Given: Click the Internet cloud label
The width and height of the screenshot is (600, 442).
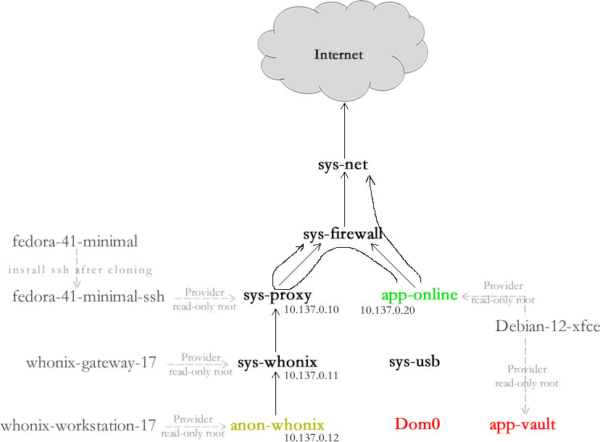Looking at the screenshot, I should point(338,54).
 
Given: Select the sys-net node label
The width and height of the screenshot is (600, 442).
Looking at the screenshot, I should point(343,164).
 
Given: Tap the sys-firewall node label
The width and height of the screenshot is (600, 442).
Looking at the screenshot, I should point(343,234).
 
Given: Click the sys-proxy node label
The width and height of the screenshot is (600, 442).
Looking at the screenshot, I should point(278,296).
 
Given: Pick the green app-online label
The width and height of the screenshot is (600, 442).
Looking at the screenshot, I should point(420,295).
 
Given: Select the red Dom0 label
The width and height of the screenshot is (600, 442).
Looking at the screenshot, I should point(418,424).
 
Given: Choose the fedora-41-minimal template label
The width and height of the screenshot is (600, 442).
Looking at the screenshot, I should point(75,241).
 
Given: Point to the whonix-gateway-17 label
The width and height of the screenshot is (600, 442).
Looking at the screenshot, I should point(91,362).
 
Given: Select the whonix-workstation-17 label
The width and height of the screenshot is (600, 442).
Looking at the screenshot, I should point(78,425).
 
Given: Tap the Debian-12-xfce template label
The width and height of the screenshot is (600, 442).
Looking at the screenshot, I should point(547,326).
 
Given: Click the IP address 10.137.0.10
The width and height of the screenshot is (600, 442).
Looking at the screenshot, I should point(312,310).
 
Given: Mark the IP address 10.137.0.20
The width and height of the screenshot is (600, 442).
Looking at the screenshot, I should point(388,310).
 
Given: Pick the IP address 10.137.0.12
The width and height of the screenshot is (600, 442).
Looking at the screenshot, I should point(312,437).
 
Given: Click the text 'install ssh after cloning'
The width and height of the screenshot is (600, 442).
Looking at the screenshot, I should point(80,270).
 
